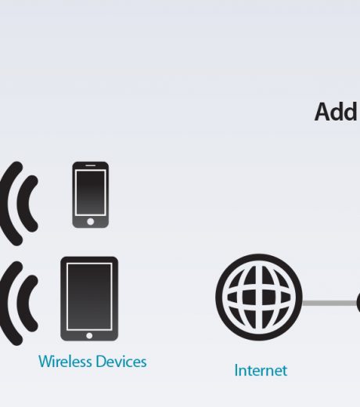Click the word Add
(x=336, y=112)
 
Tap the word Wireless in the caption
(x=65, y=362)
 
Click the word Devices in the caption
(x=121, y=362)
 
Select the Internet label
(x=261, y=370)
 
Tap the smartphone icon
(x=91, y=195)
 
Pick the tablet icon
(x=89, y=299)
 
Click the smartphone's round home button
(x=91, y=222)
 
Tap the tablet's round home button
(x=89, y=336)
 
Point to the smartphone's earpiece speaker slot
(x=91, y=165)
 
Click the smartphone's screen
(x=91, y=193)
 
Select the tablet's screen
(x=89, y=297)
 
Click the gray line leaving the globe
(x=330, y=303)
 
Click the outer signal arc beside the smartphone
(x=5, y=203)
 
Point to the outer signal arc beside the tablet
(x=5, y=304)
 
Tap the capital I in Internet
(x=236, y=370)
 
